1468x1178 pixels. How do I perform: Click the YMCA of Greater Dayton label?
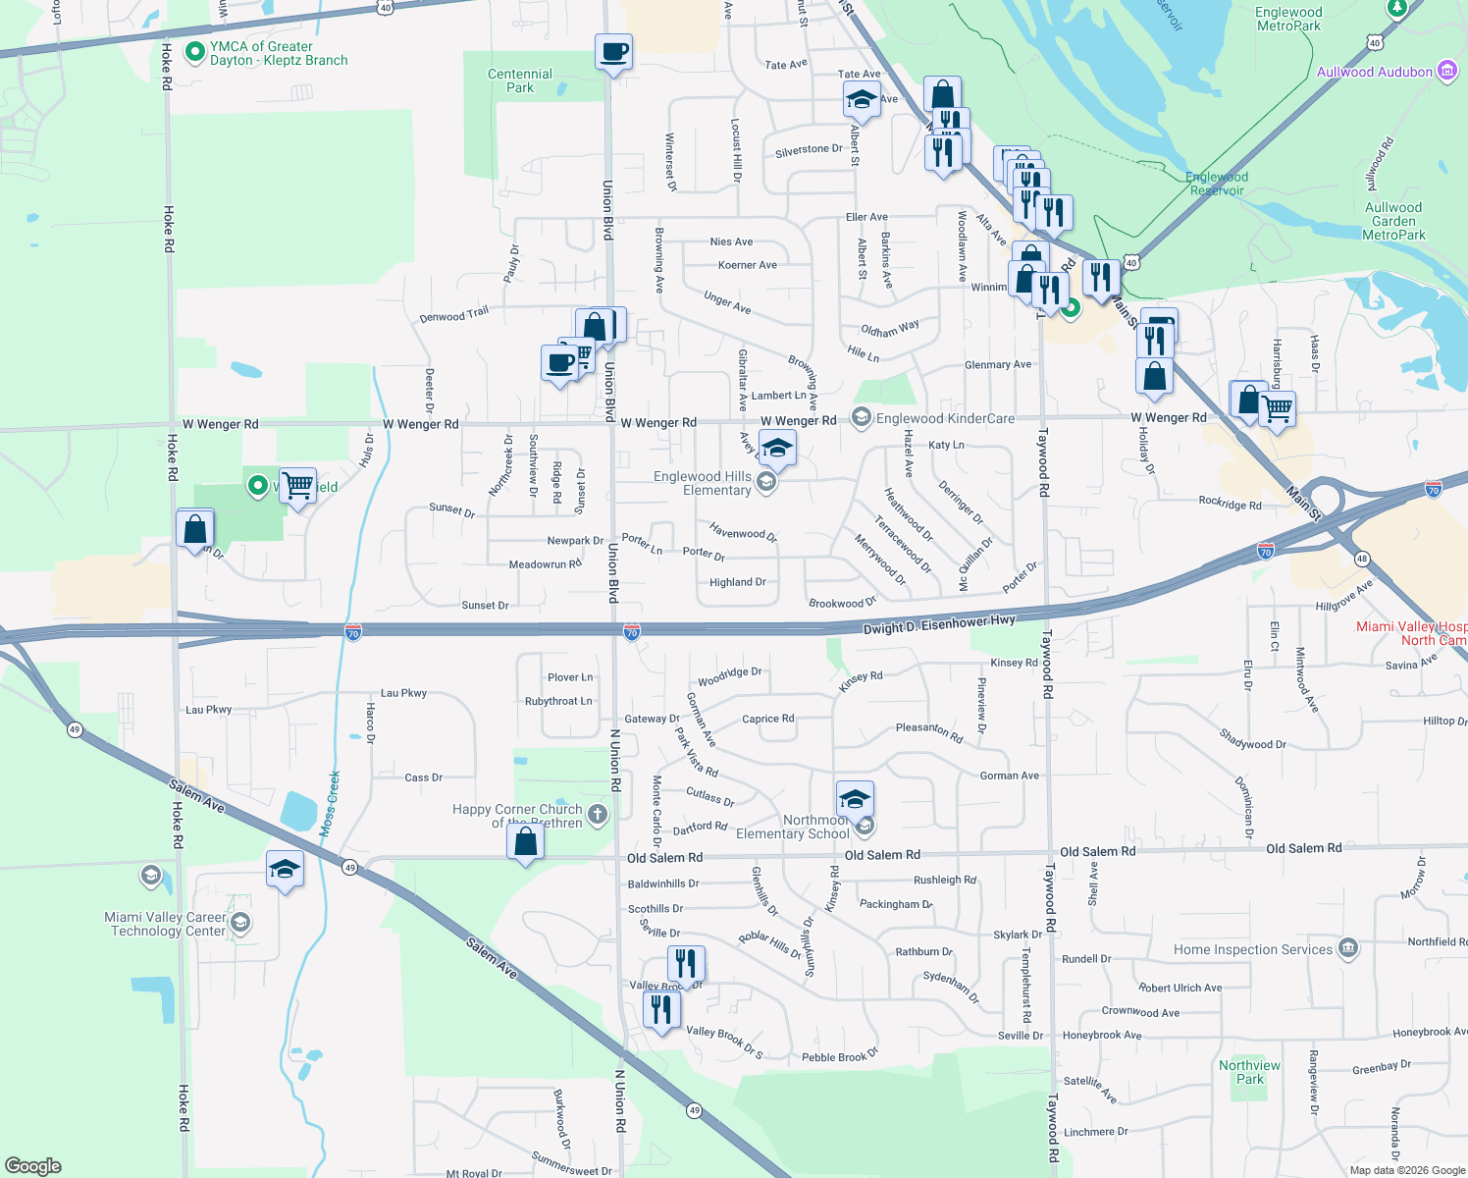click(x=279, y=53)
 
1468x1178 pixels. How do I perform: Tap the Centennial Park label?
click(x=520, y=80)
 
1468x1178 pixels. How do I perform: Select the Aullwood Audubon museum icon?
click(x=1446, y=71)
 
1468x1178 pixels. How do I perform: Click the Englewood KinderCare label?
click(x=945, y=418)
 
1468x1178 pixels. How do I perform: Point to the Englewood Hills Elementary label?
click(x=703, y=483)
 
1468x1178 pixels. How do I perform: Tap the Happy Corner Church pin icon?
click(x=597, y=814)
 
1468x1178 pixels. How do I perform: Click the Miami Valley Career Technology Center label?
click(x=165, y=924)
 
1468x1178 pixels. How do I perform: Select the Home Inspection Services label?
click(x=1253, y=949)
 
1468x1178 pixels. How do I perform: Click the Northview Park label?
click(x=1249, y=1072)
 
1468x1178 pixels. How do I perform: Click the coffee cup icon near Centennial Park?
click(x=613, y=51)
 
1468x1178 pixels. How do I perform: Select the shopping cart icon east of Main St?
click(x=1277, y=407)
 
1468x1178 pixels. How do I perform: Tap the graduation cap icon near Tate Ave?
click(x=861, y=99)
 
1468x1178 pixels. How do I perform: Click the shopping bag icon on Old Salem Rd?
click(x=525, y=841)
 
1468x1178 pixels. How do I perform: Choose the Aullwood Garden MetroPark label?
click(x=1393, y=221)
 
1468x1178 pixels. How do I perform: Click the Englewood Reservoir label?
click(x=1217, y=184)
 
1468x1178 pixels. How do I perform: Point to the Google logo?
click(x=32, y=1165)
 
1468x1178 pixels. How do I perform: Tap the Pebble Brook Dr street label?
click(x=840, y=1056)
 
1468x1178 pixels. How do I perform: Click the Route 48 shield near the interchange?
click(x=1361, y=559)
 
